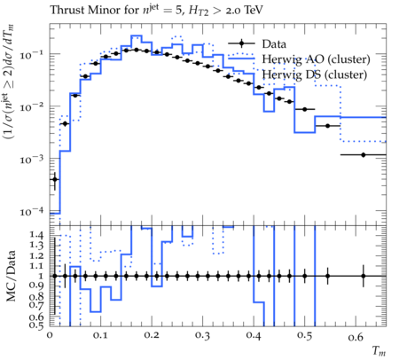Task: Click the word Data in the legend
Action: (x=274, y=44)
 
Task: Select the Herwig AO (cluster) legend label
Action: (x=316, y=59)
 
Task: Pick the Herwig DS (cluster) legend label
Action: (x=315, y=74)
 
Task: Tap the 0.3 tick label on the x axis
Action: (x=203, y=336)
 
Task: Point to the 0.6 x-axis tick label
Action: (x=356, y=336)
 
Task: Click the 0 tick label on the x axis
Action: (x=50, y=336)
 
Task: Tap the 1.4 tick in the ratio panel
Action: (x=36, y=235)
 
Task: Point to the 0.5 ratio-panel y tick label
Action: (x=36, y=325)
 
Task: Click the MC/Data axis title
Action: (x=11, y=277)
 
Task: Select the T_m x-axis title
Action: (x=379, y=351)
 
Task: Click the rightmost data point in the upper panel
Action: (x=364, y=155)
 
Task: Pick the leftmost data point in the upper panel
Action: (x=55, y=179)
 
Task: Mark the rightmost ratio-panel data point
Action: (x=364, y=276)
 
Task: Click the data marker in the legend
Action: (x=241, y=43)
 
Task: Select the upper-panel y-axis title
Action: (x=9, y=82)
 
